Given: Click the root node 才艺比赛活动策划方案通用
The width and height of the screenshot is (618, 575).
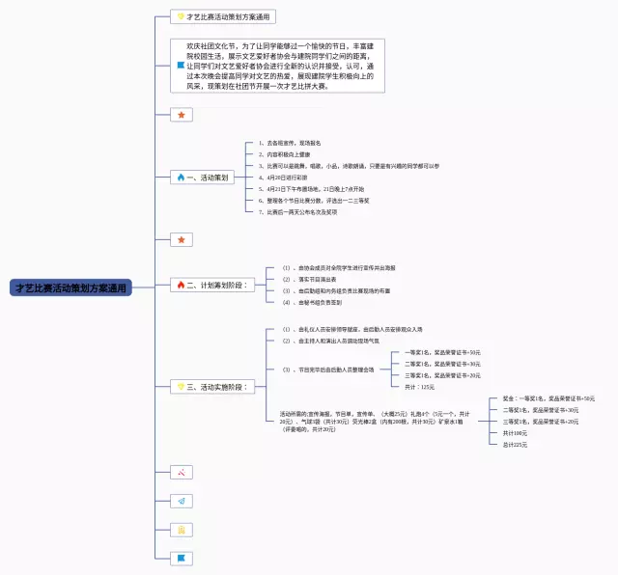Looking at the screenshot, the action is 70,287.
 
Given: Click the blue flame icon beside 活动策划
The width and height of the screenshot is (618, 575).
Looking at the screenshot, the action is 180,178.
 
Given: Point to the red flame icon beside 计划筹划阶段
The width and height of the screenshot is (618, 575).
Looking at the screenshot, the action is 180,285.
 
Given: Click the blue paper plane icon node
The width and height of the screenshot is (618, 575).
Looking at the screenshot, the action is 181,502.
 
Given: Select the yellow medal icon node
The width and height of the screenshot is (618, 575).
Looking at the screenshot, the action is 181,530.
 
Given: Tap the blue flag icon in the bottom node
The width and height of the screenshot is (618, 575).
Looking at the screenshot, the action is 181,558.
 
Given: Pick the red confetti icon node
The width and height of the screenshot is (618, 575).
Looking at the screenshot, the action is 181,473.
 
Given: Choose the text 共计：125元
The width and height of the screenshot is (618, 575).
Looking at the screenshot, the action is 419,387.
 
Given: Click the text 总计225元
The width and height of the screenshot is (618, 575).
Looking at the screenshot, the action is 515,445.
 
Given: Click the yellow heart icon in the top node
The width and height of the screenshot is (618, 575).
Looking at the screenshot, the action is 181,17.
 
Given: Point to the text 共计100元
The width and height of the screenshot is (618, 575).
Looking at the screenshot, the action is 515,433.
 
